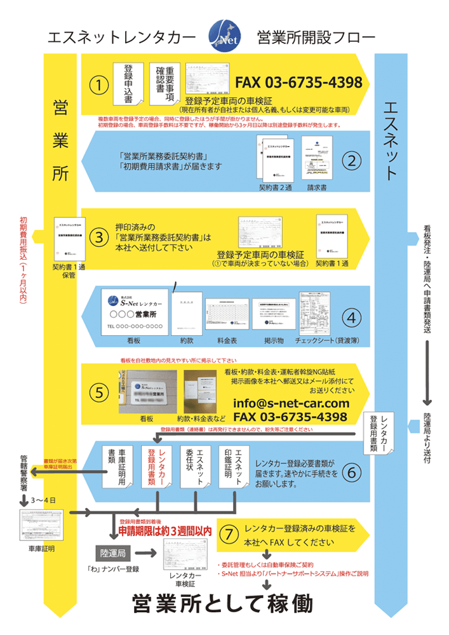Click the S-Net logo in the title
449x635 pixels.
click(x=224, y=37)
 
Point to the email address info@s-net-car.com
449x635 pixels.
click(x=292, y=403)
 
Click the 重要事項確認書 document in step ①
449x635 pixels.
click(x=166, y=81)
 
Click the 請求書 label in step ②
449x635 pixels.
click(x=316, y=188)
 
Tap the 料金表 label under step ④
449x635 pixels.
click(x=227, y=341)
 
